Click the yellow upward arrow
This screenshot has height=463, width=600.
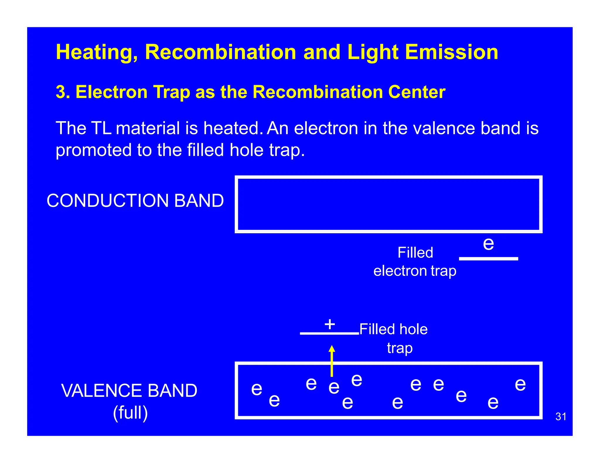pyautogui.click(x=332, y=361)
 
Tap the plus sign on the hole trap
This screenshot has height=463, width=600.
pyautogui.click(x=330, y=324)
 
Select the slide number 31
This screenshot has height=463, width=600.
pyautogui.click(x=561, y=416)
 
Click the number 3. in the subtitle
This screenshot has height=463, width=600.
pyautogui.click(x=63, y=92)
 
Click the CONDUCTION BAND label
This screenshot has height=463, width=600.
pyautogui.click(x=135, y=201)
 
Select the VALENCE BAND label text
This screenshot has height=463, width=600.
pyautogui.click(x=129, y=391)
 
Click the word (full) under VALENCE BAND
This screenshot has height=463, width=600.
pyautogui.click(x=130, y=413)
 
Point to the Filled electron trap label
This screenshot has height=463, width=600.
pyautogui.click(x=415, y=262)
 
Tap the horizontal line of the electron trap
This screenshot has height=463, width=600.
pyautogui.click(x=488, y=259)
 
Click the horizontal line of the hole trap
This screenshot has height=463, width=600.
pyautogui.click(x=329, y=333)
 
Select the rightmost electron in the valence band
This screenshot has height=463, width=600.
pyautogui.click(x=520, y=384)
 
